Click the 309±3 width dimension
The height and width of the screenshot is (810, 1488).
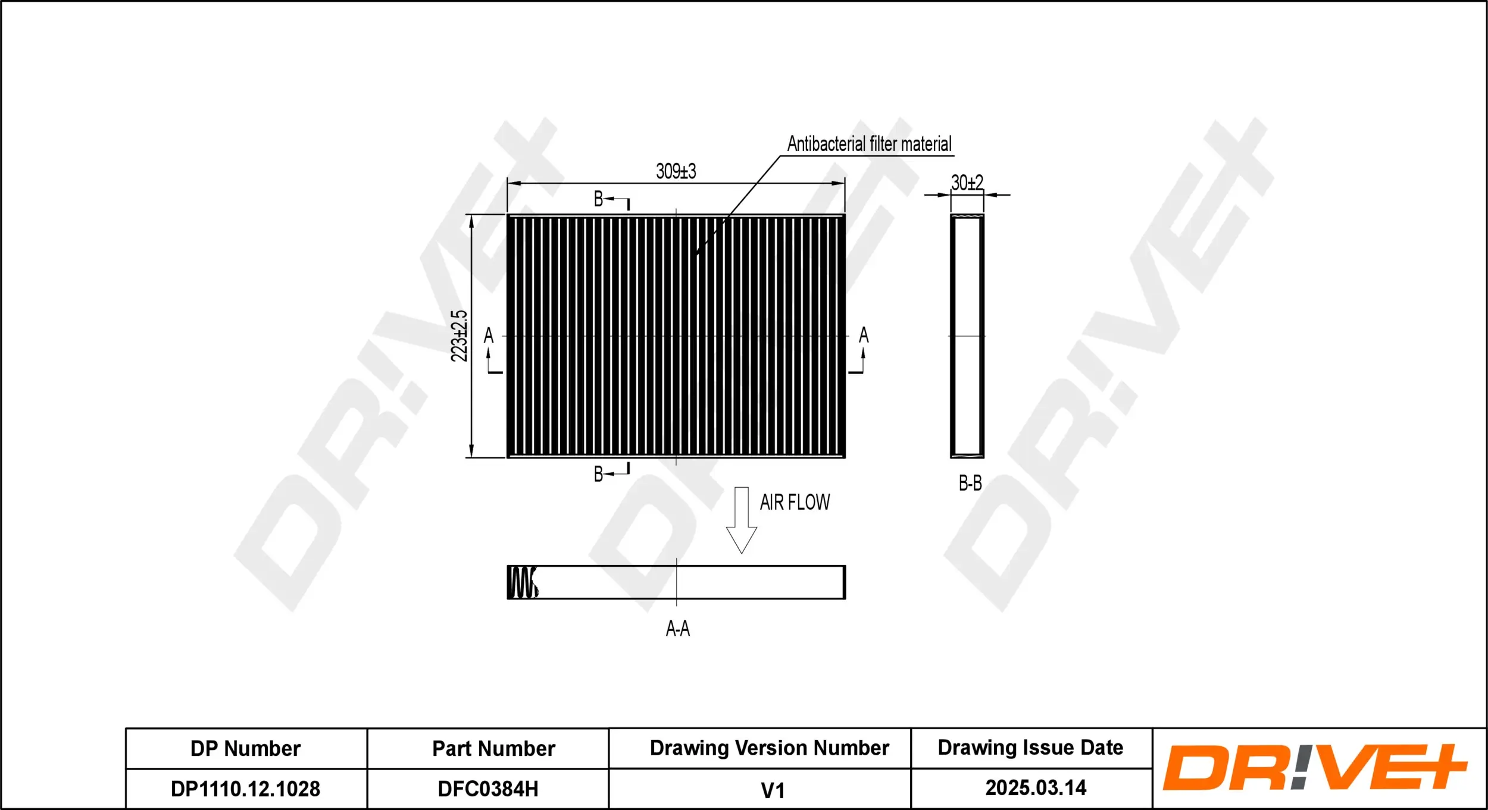676,171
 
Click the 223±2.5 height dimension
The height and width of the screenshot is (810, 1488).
459,336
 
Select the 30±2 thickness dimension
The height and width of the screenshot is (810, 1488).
967,183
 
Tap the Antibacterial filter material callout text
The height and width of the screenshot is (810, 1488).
869,144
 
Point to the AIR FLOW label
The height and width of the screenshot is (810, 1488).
795,503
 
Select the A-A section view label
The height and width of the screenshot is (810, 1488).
677,629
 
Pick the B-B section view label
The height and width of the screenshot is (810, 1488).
970,484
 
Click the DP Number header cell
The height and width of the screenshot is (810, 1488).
245,749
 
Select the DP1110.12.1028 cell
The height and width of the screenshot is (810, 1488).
245,789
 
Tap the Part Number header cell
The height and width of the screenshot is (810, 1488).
493,749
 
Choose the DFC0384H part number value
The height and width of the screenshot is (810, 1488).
488,789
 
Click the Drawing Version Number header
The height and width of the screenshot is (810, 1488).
769,748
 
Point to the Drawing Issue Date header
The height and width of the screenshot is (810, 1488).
1030,748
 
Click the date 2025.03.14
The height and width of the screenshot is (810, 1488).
1036,788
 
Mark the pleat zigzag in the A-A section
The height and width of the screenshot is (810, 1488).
523,582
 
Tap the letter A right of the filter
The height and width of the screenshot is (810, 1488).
864,335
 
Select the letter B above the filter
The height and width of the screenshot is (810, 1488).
599,199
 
